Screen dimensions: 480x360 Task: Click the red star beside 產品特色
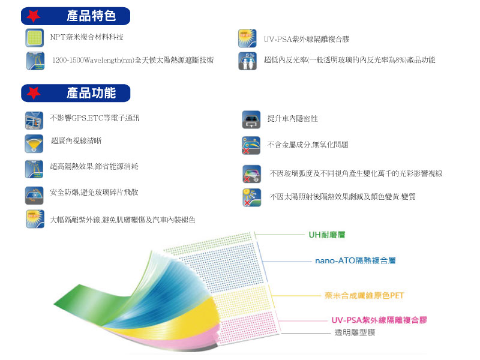click(x=34, y=16)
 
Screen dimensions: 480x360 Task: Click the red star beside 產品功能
click(x=34, y=93)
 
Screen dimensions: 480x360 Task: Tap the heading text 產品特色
click(x=91, y=16)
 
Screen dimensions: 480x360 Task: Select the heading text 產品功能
click(x=91, y=93)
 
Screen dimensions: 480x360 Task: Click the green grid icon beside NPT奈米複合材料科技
click(x=35, y=38)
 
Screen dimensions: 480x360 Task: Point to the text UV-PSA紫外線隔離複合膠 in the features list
click(x=307, y=39)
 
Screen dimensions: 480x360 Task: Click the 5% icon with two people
click(x=247, y=61)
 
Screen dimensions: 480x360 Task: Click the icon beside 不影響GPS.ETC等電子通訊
click(x=34, y=121)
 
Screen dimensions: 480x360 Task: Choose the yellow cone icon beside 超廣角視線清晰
click(x=34, y=143)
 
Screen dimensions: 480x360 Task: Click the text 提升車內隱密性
click(x=292, y=118)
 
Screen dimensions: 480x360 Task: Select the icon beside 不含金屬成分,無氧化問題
click(x=251, y=145)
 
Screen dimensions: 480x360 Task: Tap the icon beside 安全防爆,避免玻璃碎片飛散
click(x=34, y=196)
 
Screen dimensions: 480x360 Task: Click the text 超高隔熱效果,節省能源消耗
click(x=94, y=166)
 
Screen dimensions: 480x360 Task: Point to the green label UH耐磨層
click(x=327, y=235)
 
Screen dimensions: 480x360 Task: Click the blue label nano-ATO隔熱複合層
click(x=355, y=260)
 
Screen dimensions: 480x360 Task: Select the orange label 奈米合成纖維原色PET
click(x=364, y=295)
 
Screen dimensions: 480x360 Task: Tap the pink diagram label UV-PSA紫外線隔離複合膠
click(x=379, y=320)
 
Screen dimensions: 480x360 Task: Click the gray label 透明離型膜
click(x=355, y=332)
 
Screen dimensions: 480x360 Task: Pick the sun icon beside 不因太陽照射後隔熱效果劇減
click(x=251, y=197)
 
